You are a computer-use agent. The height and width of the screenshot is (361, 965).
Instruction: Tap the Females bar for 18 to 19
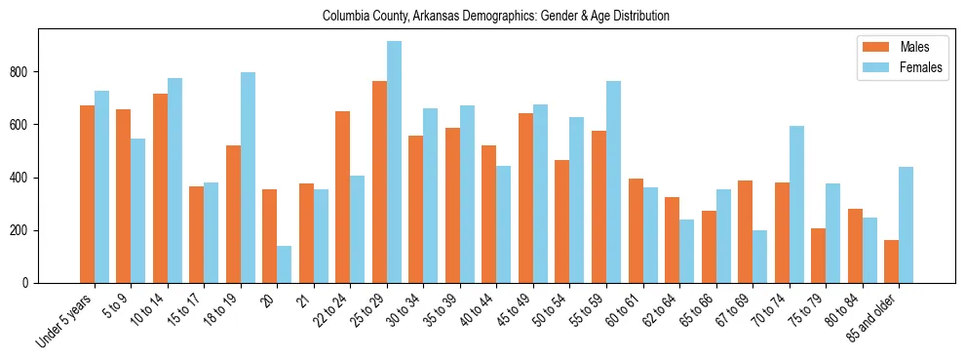point(248,178)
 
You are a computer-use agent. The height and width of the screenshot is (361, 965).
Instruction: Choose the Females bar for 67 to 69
point(759,257)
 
